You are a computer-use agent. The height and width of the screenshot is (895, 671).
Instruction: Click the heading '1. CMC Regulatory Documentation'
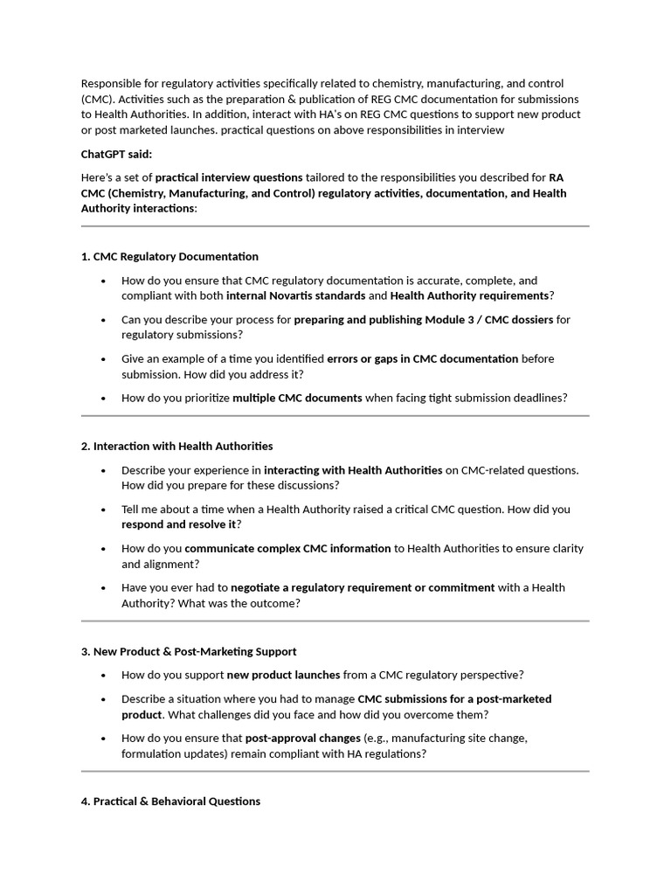pos(169,256)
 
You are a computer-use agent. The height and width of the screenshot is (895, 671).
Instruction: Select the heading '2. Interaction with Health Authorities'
pos(176,446)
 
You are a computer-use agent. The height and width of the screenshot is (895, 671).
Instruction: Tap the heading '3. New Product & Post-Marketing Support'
pos(189,651)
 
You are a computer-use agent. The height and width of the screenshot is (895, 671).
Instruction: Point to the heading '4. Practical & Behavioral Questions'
pos(170,801)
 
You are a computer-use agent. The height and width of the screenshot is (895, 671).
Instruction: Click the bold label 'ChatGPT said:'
pos(116,154)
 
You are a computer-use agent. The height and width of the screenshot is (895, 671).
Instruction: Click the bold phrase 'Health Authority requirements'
pos(469,295)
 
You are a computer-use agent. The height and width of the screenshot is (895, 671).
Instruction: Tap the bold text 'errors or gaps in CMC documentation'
pos(422,358)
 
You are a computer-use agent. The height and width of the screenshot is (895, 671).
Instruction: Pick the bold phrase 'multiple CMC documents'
pos(297,398)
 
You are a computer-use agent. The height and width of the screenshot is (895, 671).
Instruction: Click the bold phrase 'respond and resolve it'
pos(178,524)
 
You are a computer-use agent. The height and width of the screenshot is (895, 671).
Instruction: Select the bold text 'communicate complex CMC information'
pos(287,548)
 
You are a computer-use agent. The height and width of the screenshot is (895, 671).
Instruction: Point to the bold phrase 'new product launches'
pos(283,675)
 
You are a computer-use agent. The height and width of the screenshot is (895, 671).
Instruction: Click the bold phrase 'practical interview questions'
pos(229,177)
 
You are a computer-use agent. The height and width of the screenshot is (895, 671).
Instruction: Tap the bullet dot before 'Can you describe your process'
pos(104,321)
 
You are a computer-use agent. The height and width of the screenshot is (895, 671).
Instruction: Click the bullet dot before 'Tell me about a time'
pos(104,510)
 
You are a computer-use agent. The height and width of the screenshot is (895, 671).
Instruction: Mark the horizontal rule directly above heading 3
pos(335,621)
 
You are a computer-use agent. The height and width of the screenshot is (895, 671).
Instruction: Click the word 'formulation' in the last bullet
pos(151,753)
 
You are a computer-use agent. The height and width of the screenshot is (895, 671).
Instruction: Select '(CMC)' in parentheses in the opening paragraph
pos(98,99)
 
